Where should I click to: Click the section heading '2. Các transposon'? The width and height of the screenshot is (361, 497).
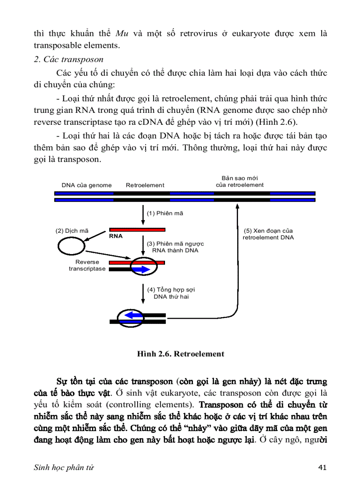click(x=69, y=59)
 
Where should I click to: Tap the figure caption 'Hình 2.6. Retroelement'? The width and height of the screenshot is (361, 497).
click(x=180, y=354)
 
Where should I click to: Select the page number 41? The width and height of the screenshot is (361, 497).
click(x=323, y=467)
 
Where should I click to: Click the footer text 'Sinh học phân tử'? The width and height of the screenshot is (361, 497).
click(x=64, y=467)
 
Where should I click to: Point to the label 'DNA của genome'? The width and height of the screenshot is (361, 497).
click(x=87, y=185)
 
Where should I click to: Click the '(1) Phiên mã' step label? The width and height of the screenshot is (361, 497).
click(x=165, y=213)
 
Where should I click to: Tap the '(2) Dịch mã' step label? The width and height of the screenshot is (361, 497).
click(x=72, y=231)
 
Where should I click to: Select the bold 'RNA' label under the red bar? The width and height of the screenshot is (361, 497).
click(x=116, y=236)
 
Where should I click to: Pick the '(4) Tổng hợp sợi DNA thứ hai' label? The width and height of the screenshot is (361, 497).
click(x=171, y=293)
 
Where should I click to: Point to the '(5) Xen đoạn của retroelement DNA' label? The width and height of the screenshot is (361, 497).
click(x=268, y=234)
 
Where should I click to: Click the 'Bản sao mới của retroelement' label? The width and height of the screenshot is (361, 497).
click(x=240, y=181)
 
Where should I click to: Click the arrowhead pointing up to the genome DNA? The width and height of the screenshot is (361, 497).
click(x=238, y=206)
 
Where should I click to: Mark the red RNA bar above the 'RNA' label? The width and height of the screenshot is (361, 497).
click(x=137, y=230)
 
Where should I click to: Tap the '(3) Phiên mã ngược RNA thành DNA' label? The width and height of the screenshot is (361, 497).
click(x=175, y=247)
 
